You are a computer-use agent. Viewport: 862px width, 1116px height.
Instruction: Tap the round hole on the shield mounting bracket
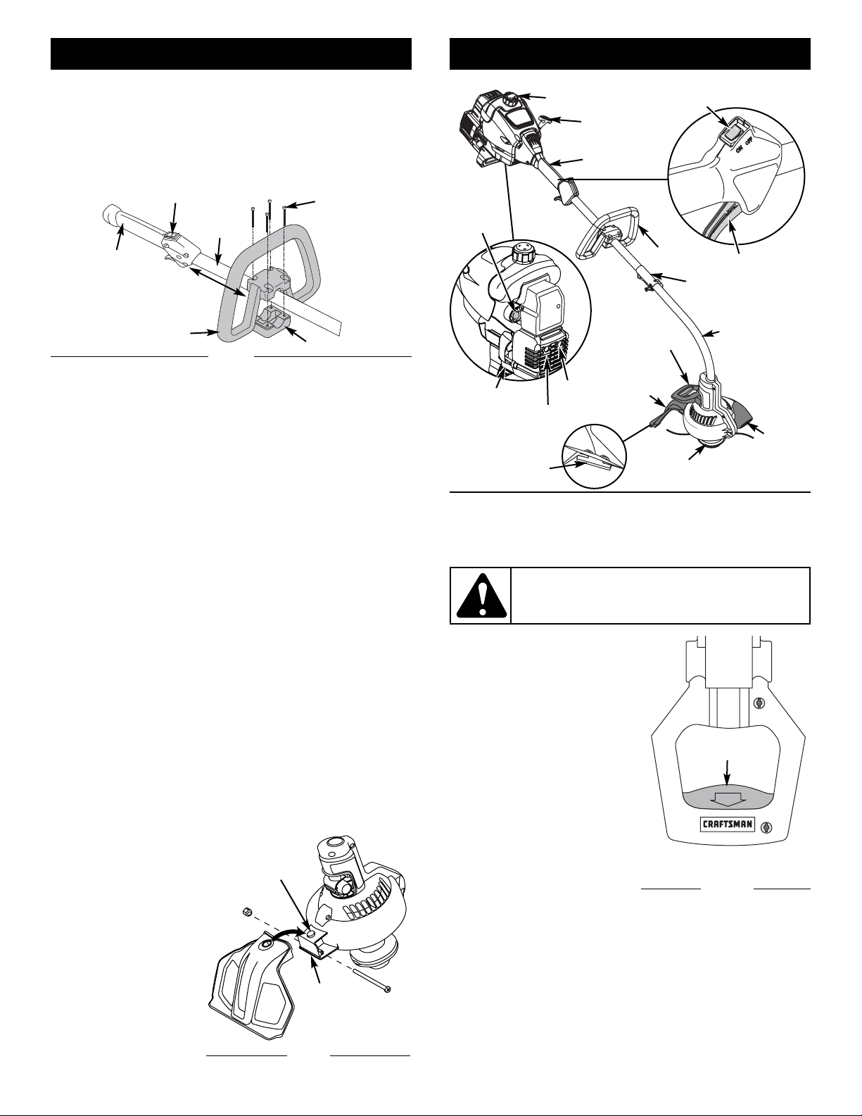click(311, 933)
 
